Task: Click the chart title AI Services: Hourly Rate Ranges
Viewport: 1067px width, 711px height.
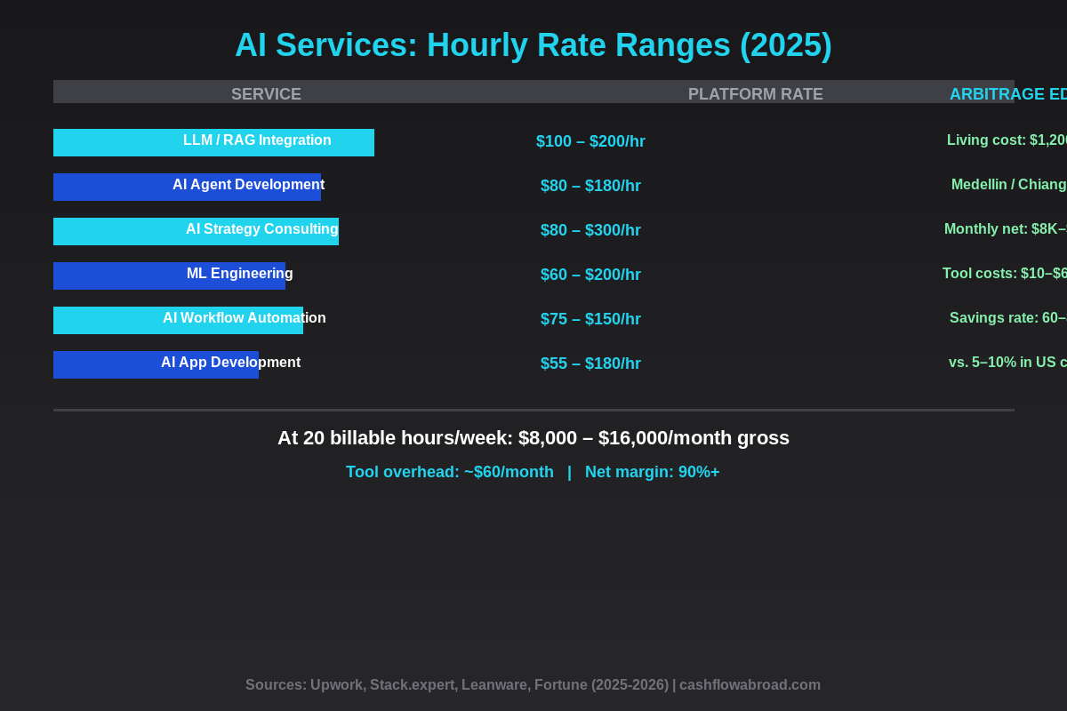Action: click(x=533, y=45)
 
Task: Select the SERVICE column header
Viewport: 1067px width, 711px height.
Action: click(x=266, y=94)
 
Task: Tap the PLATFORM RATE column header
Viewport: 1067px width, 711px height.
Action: click(x=755, y=94)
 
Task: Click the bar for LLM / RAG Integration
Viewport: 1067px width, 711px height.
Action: click(x=213, y=142)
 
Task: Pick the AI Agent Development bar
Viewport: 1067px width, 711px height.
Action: click(x=187, y=187)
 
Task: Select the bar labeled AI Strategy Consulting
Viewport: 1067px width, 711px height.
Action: click(x=196, y=231)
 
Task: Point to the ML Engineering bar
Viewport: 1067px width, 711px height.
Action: click(x=169, y=276)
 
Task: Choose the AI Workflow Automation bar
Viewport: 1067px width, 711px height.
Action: click(x=178, y=320)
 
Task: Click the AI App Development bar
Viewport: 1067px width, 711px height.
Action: click(x=156, y=364)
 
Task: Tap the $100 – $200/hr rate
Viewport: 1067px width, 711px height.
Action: click(x=590, y=141)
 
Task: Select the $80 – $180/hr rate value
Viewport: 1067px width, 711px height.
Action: click(x=590, y=186)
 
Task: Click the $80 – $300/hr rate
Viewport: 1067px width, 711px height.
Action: click(x=590, y=230)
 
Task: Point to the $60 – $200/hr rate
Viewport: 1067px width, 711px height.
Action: click(x=590, y=275)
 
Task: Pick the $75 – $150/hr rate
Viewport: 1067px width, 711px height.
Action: click(x=590, y=319)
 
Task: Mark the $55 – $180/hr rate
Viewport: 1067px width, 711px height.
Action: click(x=590, y=363)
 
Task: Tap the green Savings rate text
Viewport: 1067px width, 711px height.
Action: click(x=1007, y=318)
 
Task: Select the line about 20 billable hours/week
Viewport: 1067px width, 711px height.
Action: click(x=533, y=438)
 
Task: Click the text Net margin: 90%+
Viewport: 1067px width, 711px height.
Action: click(x=652, y=472)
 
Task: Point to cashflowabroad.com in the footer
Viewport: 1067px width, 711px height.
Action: click(x=750, y=685)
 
